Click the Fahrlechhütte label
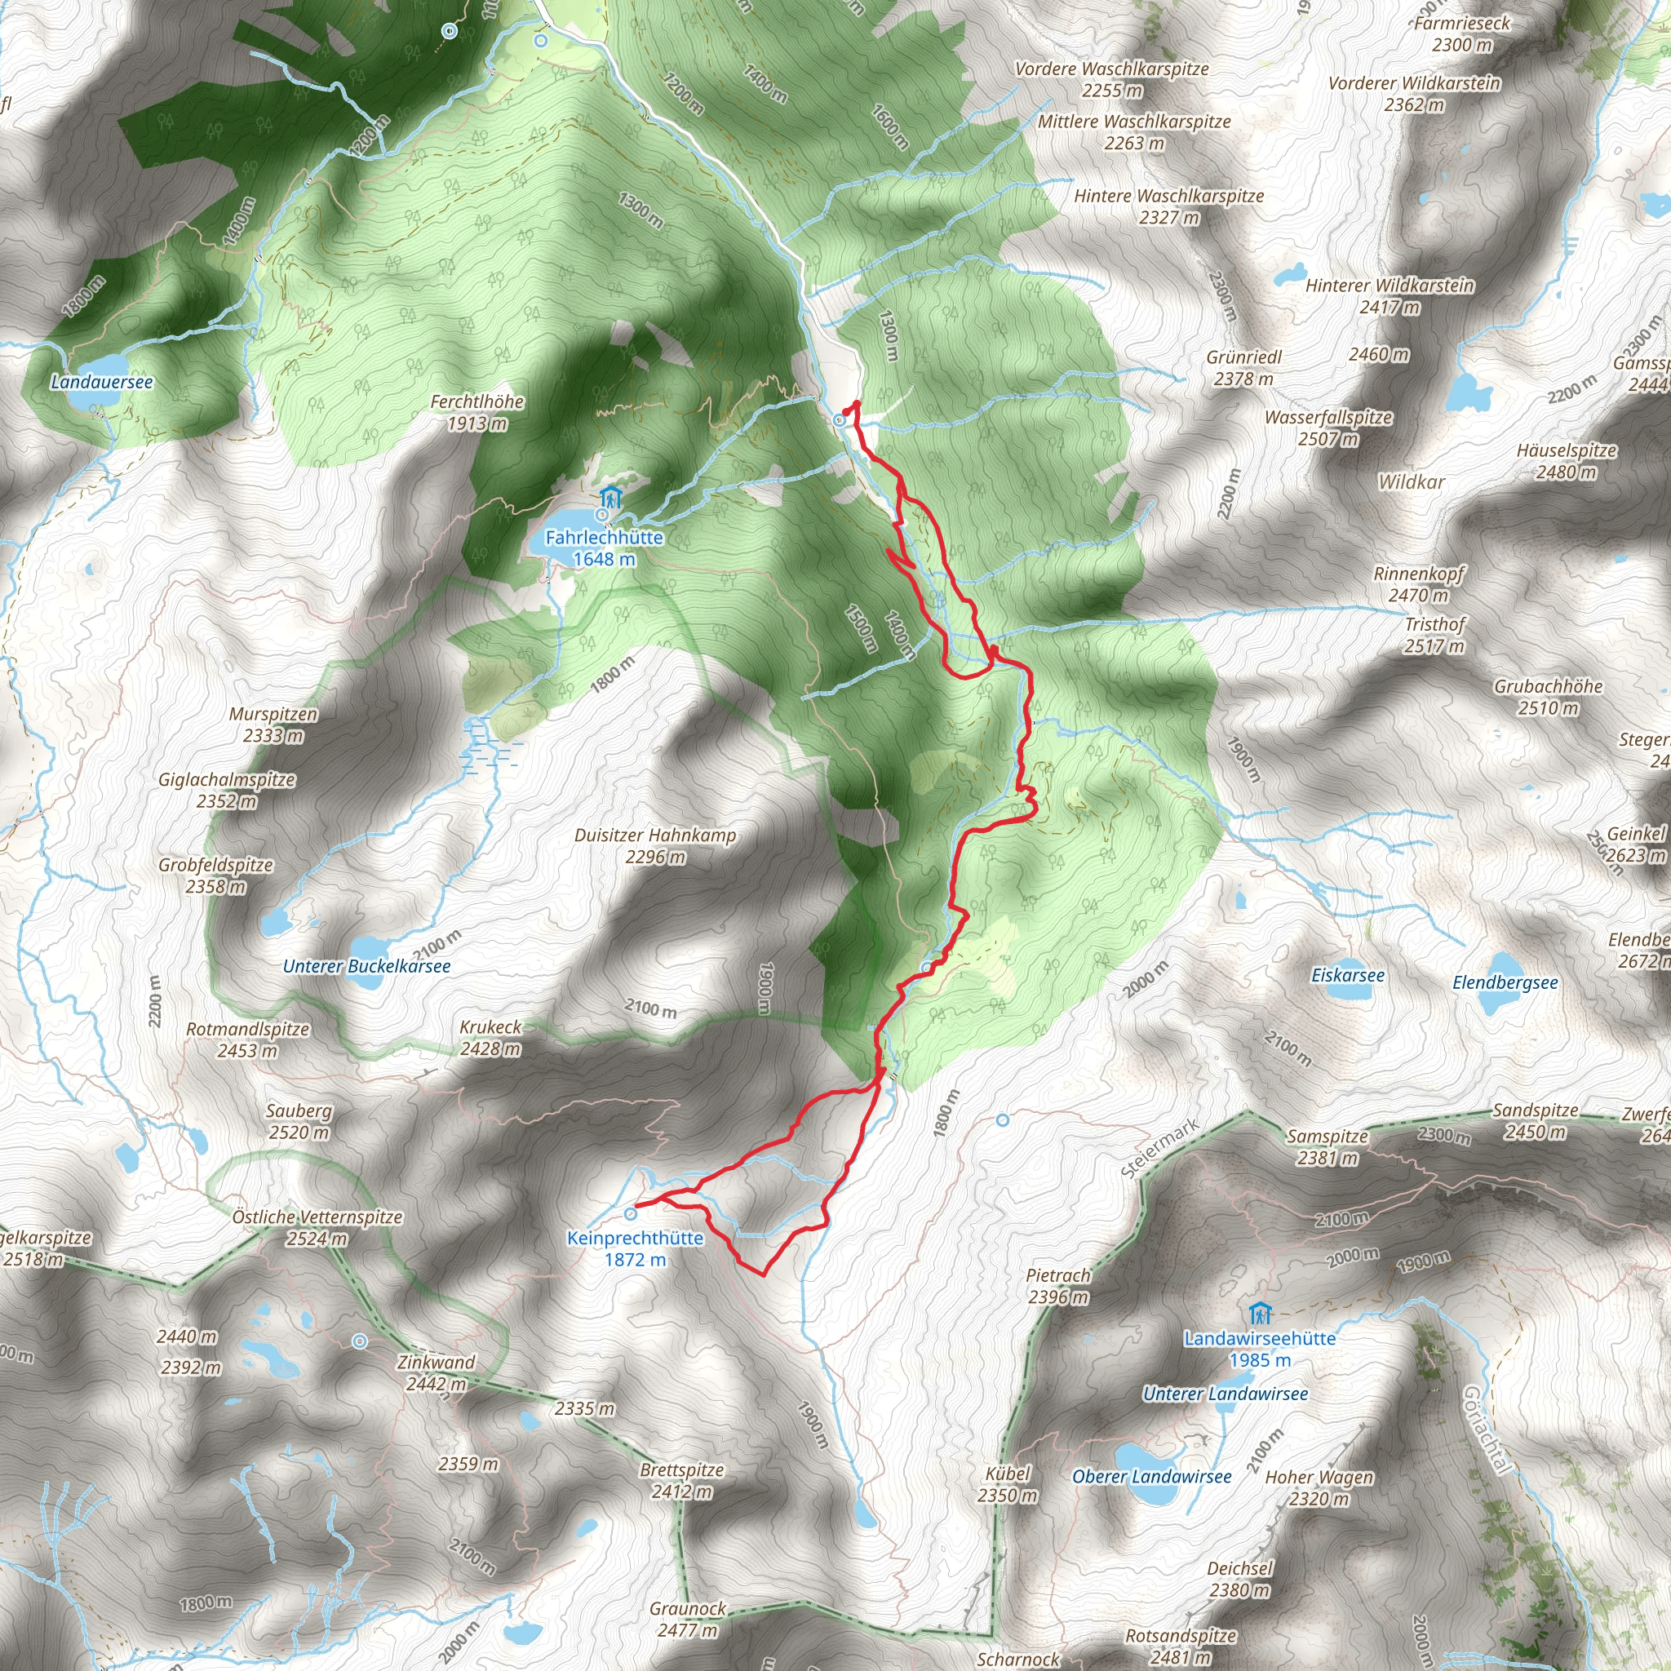pyautogui.click(x=604, y=547)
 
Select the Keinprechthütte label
pyautogui.click(x=635, y=1248)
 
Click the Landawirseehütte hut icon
pyautogui.click(x=1260, y=1314)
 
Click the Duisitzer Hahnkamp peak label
pyautogui.click(x=654, y=845)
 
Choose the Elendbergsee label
pyautogui.click(x=1505, y=982)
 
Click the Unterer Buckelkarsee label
pyautogui.click(x=366, y=966)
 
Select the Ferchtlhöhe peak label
pyautogui.click(x=477, y=412)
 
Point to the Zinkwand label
pyautogui.click(x=436, y=1372)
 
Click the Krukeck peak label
pyautogui.click(x=490, y=1038)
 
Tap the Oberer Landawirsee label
pyautogui.click(x=1151, y=1476)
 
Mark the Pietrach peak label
pyautogui.click(x=1057, y=1285)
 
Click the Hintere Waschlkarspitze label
pyautogui.click(x=1168, y=206)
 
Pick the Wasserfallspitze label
pyautogui.click(x=1328, y=428)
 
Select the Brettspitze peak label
pyautogui.click(x=681, y=1480)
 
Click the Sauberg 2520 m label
pyautogui.click(x=299, y=1121)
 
